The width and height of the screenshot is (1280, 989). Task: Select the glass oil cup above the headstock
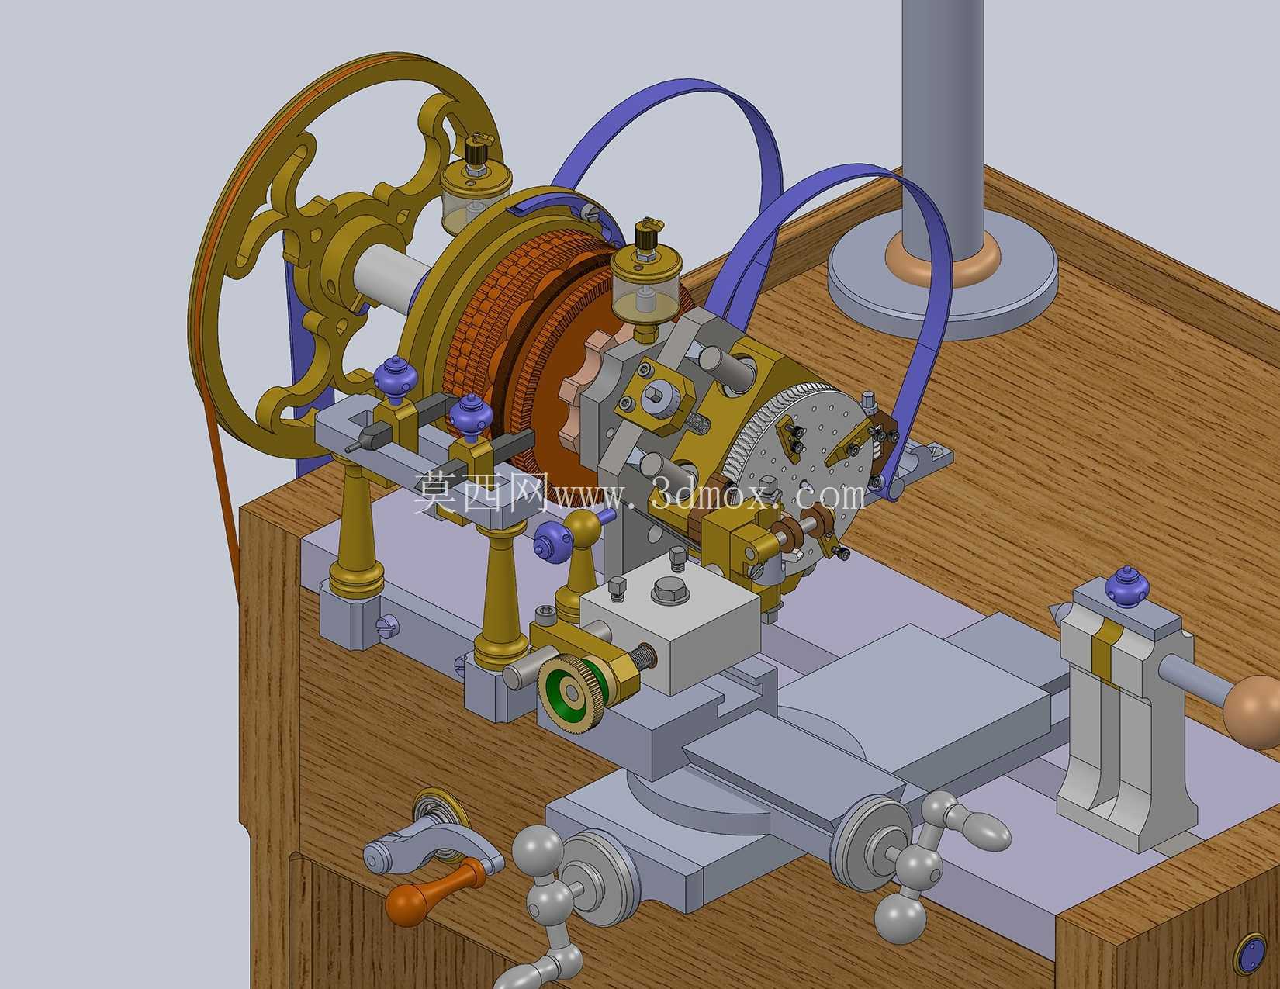pos(646,278)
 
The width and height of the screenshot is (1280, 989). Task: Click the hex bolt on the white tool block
pos(669,589)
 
